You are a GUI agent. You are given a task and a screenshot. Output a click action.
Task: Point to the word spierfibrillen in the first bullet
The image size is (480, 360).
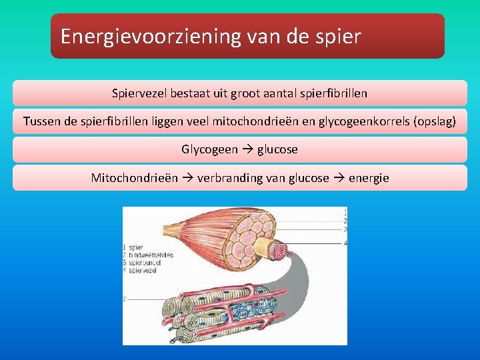(330, 93)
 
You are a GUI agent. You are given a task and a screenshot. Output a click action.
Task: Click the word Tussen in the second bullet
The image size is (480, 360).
(41, 121)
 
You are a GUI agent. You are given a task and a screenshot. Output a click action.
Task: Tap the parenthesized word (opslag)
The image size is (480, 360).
(435, 121)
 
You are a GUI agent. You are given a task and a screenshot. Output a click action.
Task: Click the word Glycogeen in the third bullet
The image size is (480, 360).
(209, 149)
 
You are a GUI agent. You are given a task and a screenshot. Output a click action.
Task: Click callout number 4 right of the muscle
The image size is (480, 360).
(345, 243)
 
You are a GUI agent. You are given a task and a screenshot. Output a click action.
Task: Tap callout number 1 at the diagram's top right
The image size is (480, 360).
(345, 212)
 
